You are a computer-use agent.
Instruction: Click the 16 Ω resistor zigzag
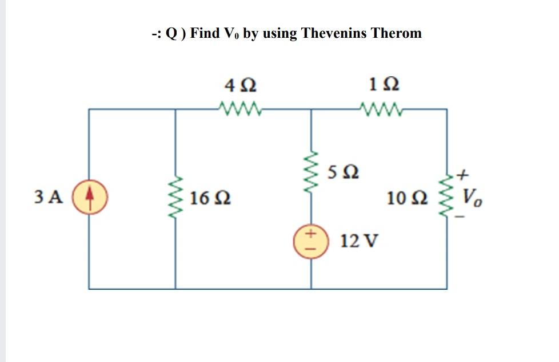[x=175, y=199]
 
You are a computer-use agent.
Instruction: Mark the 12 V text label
[x=358, y=241]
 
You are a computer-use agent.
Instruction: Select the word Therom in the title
[x=396, y=33]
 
